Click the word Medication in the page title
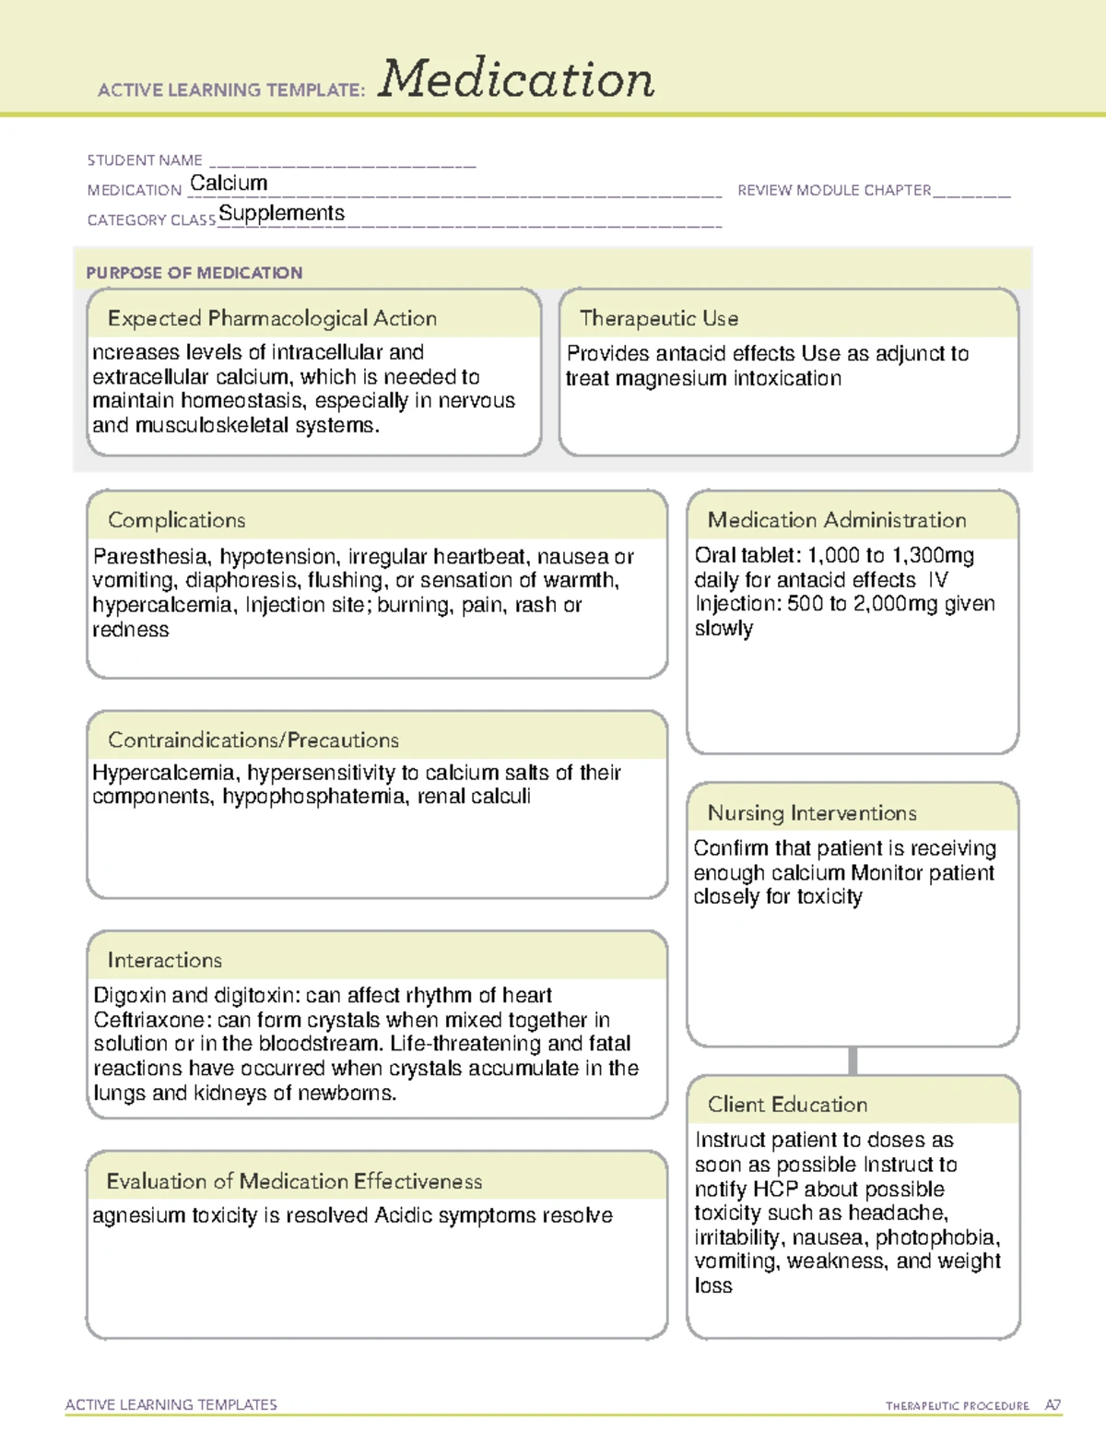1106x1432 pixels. pos(516,79)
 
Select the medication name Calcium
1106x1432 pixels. pos(229,183)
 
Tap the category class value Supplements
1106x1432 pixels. pos(281,214)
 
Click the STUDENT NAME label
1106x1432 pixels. pos(145,160)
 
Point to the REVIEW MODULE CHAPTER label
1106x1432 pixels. pos(834,190)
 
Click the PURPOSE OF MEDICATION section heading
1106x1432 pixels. pos(194,273)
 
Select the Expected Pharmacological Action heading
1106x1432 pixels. pos(272,318)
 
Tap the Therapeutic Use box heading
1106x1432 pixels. pos(659,318)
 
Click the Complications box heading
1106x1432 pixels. pos(177,520)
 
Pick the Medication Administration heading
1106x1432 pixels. pos(837,520)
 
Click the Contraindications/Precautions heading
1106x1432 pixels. pos(253,740)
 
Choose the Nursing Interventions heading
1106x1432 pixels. pos(812,812)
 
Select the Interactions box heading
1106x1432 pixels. pos(165,960)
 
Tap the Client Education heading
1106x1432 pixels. pos(787,1104)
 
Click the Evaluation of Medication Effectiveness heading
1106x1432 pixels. pos(294,1181)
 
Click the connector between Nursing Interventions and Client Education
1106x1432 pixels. pos(853,1060)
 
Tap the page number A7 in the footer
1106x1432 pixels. pos(1053,1405)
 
